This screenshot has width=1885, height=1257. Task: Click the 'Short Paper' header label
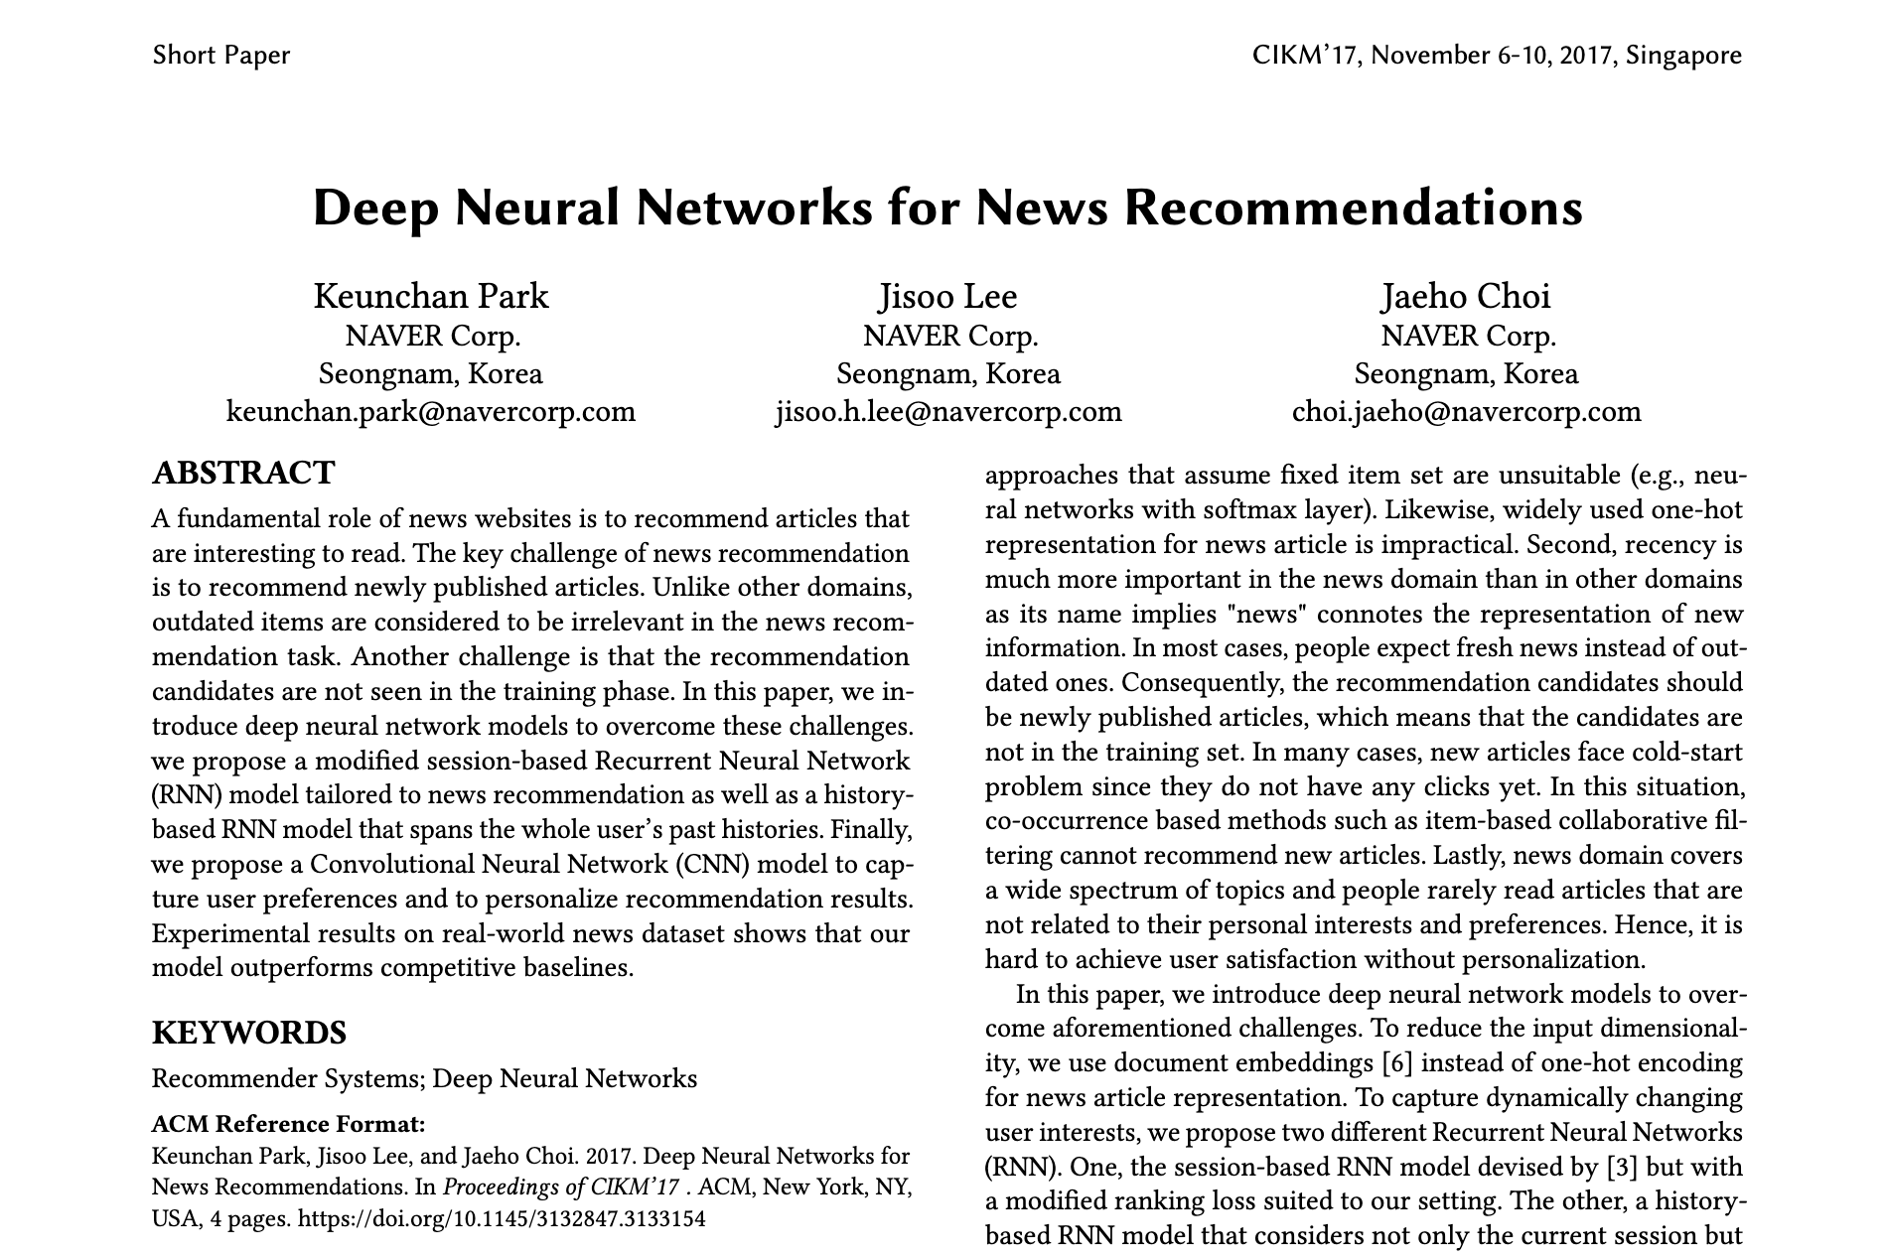[x=220, y=55]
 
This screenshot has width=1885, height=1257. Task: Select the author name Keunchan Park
[x=431, y=296]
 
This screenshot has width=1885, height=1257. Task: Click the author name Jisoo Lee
[x=948, y=296]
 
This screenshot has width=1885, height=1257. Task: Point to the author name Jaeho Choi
[x=1465, y=296]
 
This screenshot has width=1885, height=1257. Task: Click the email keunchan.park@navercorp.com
[x=431, y=411]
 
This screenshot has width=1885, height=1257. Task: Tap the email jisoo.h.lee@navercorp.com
[x=948, y=411]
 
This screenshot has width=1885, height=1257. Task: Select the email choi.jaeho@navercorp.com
[x=1466, y=411]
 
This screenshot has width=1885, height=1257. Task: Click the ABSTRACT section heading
[x=243, y=473]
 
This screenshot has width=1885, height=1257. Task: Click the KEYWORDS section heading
[x=249, y=1033]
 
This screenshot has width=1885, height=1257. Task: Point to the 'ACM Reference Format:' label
[x=288, y=1124]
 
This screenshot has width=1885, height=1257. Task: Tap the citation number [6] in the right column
[x=1396, y=1063]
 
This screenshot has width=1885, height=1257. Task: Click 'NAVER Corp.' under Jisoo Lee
[x=950, y=336]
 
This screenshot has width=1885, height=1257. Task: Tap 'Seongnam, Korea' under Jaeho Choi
[x=1466, y=374]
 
